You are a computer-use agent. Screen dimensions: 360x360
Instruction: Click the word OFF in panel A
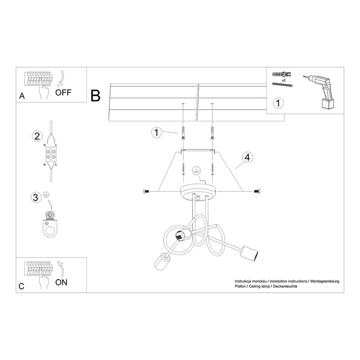point(64,93)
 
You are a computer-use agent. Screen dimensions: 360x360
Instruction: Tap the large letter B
point(95,95)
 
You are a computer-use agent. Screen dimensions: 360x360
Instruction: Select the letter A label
point(22,96)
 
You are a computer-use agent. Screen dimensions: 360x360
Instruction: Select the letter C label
point(22,284)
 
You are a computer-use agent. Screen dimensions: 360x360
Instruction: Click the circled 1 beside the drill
point(277,103)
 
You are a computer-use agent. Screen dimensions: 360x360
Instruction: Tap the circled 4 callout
point(247,158)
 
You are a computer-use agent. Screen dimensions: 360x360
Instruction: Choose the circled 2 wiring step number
point(37,136)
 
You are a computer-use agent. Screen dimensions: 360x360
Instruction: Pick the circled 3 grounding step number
point(35,197)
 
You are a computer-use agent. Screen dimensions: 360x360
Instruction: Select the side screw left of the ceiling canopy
point(147,191)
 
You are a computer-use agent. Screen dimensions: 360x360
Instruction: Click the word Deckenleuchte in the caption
point(286,287)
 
